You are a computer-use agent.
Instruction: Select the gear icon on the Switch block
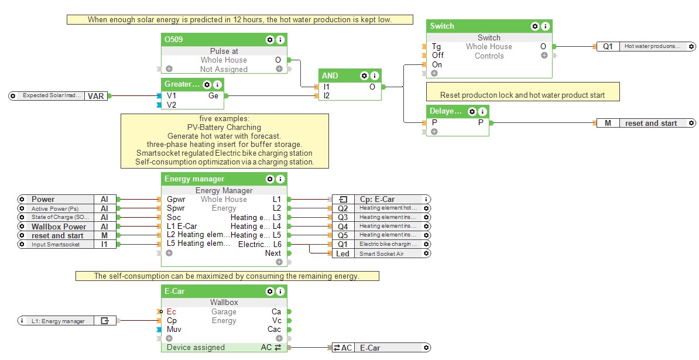(x=534, y=26)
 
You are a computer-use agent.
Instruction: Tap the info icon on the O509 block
(x=280, y=40)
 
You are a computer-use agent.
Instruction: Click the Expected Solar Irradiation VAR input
(x=59, y=95)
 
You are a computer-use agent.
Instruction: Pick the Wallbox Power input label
(x=59, y=227)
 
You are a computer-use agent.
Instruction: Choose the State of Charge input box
(x=59, y=217)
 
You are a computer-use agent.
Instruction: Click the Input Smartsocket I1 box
(x=59, y=245)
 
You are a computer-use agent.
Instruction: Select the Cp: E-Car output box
(x=381, y=199)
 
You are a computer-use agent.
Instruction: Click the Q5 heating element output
(x=381, y=235)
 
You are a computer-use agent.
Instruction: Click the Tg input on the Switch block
(x=436, y=47)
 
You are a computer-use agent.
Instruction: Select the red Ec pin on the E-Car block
(x=171, y=311)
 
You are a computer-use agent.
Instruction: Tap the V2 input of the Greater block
(x=171, y=105)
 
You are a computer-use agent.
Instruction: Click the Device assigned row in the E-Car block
(x=196, y=347)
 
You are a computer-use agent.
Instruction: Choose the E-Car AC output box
(x=381, y=348)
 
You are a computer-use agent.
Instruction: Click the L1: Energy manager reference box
(x=64, y=321)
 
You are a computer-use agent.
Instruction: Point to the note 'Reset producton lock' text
(x=522, y=95)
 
